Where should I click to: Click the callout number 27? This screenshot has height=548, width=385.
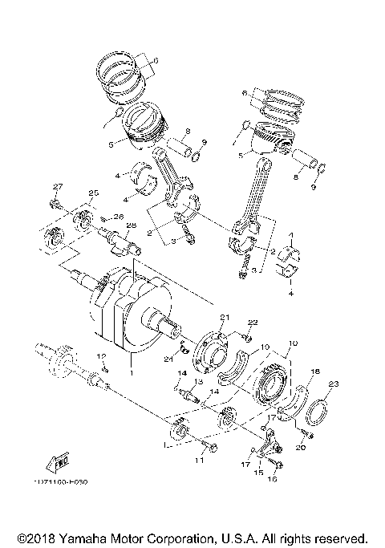[57, 187]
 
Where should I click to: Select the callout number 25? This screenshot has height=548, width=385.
[92, 193]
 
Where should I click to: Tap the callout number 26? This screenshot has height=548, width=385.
[117, 216]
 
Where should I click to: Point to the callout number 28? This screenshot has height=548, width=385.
[131, 225]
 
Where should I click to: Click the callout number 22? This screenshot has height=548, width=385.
[252, 322]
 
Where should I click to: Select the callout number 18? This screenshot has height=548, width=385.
[315, 371]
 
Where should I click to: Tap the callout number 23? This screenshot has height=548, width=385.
[334, 383]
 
